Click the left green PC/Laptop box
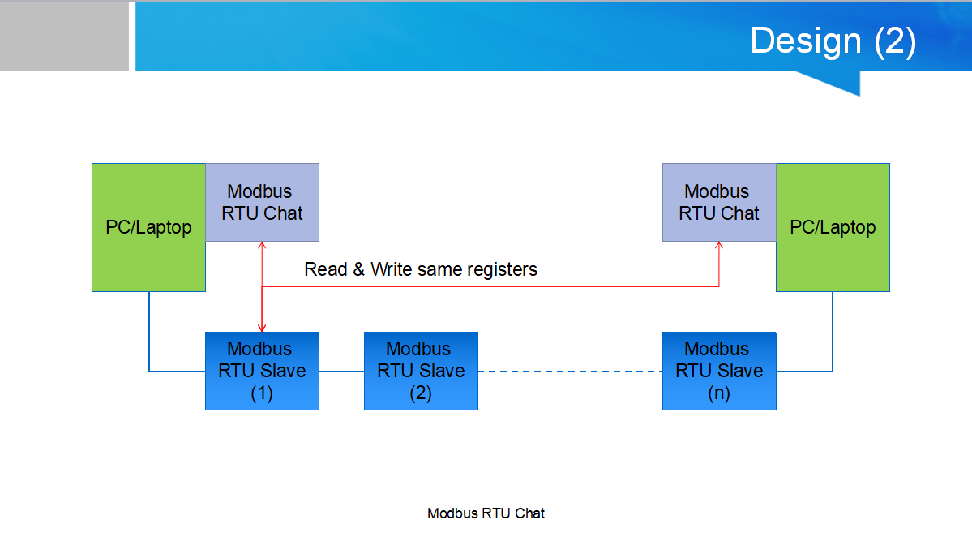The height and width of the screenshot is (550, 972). (149, 228)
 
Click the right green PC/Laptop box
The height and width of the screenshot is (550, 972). (833, 228)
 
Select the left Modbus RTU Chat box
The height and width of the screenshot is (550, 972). (262, 202)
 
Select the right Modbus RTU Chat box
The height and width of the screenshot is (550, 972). (719, 202)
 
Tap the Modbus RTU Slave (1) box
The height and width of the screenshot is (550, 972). (262, 371)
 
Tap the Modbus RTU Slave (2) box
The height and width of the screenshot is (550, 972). (421, 371)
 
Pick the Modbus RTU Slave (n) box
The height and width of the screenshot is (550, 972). (719, 371)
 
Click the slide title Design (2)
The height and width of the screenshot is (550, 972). (833, 41)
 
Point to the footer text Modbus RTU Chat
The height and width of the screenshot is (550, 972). (486, 513)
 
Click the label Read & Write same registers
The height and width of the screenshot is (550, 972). (421, 270)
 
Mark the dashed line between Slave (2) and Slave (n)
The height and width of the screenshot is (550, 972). (570, 372)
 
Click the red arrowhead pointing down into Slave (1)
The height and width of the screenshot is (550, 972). (262, 328)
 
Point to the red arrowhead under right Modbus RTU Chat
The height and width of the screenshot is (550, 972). (719, 246)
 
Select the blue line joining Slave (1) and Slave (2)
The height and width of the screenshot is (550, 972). (341, 372)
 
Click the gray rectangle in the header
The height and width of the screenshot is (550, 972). (65, 36)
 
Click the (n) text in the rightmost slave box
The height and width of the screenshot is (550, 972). (719, 393)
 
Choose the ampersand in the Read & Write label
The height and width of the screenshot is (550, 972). (359, 270)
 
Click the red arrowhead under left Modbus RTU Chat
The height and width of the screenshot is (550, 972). (262, 246)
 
